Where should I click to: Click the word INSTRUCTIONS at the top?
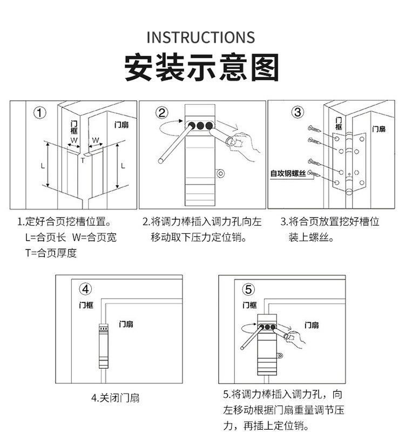[200, 37]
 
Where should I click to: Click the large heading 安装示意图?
[202, 67]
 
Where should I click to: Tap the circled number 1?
[39, 113]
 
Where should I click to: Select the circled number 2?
[163, 113]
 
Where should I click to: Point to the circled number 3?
[298, 113]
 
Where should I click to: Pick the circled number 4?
[86, 288]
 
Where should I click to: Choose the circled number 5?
[248, 289]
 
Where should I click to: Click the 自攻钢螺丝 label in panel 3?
[288, 174]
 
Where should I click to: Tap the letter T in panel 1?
[83, 160]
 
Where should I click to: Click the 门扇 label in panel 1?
[122, 125]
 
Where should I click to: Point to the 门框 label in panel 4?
[86, 305]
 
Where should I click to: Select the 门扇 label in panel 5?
[311, 325]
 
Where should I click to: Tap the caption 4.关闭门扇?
[115, 398]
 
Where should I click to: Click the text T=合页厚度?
[51, 253]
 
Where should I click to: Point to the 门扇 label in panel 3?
[378, 129]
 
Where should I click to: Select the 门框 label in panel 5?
[249, 305]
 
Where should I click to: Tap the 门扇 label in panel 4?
[126, 324]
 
